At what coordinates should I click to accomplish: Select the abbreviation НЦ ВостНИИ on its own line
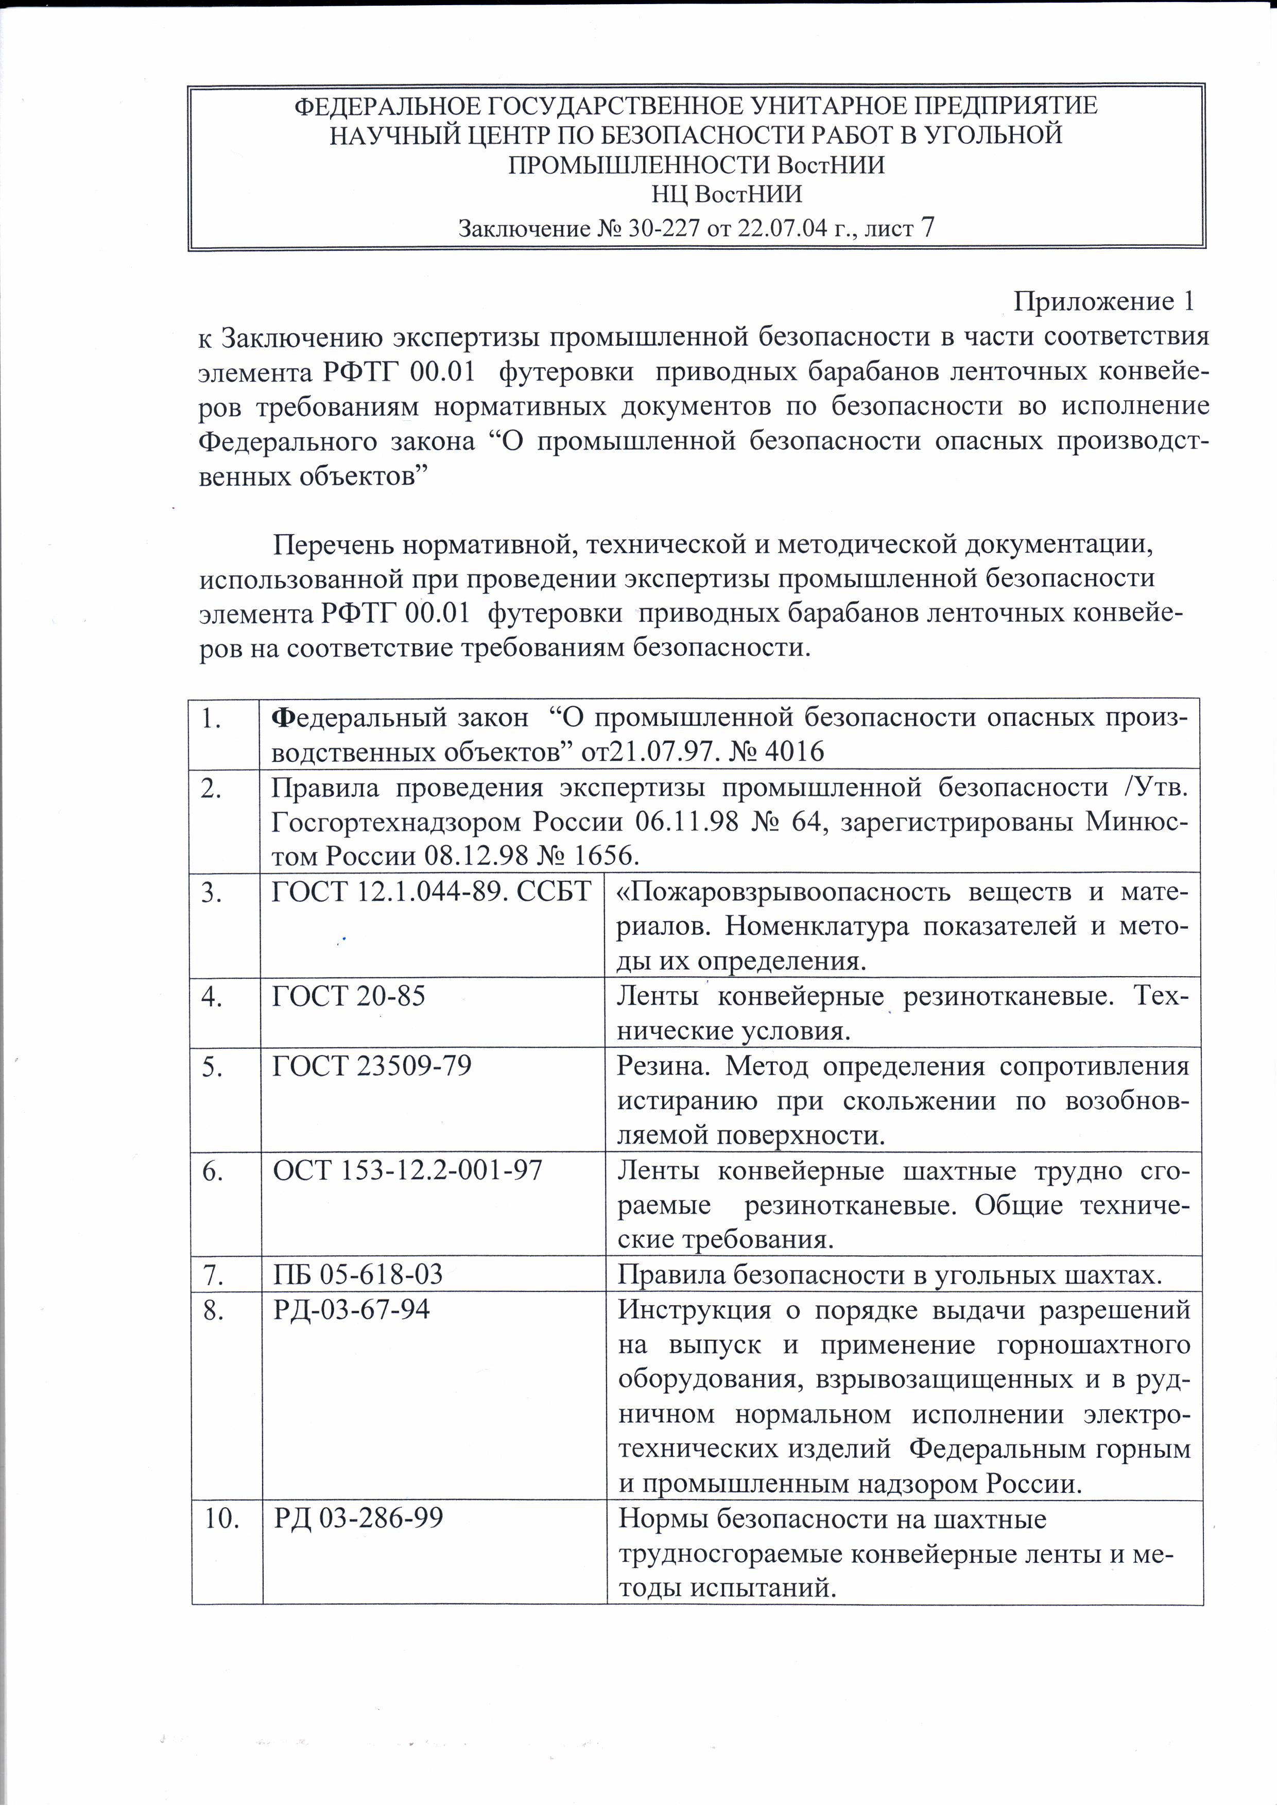[727, 194]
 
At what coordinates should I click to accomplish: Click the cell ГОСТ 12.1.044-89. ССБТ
[431, 892]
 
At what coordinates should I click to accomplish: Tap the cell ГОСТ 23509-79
[371, 1066]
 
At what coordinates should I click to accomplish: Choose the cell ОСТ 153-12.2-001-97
[407, 1170]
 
